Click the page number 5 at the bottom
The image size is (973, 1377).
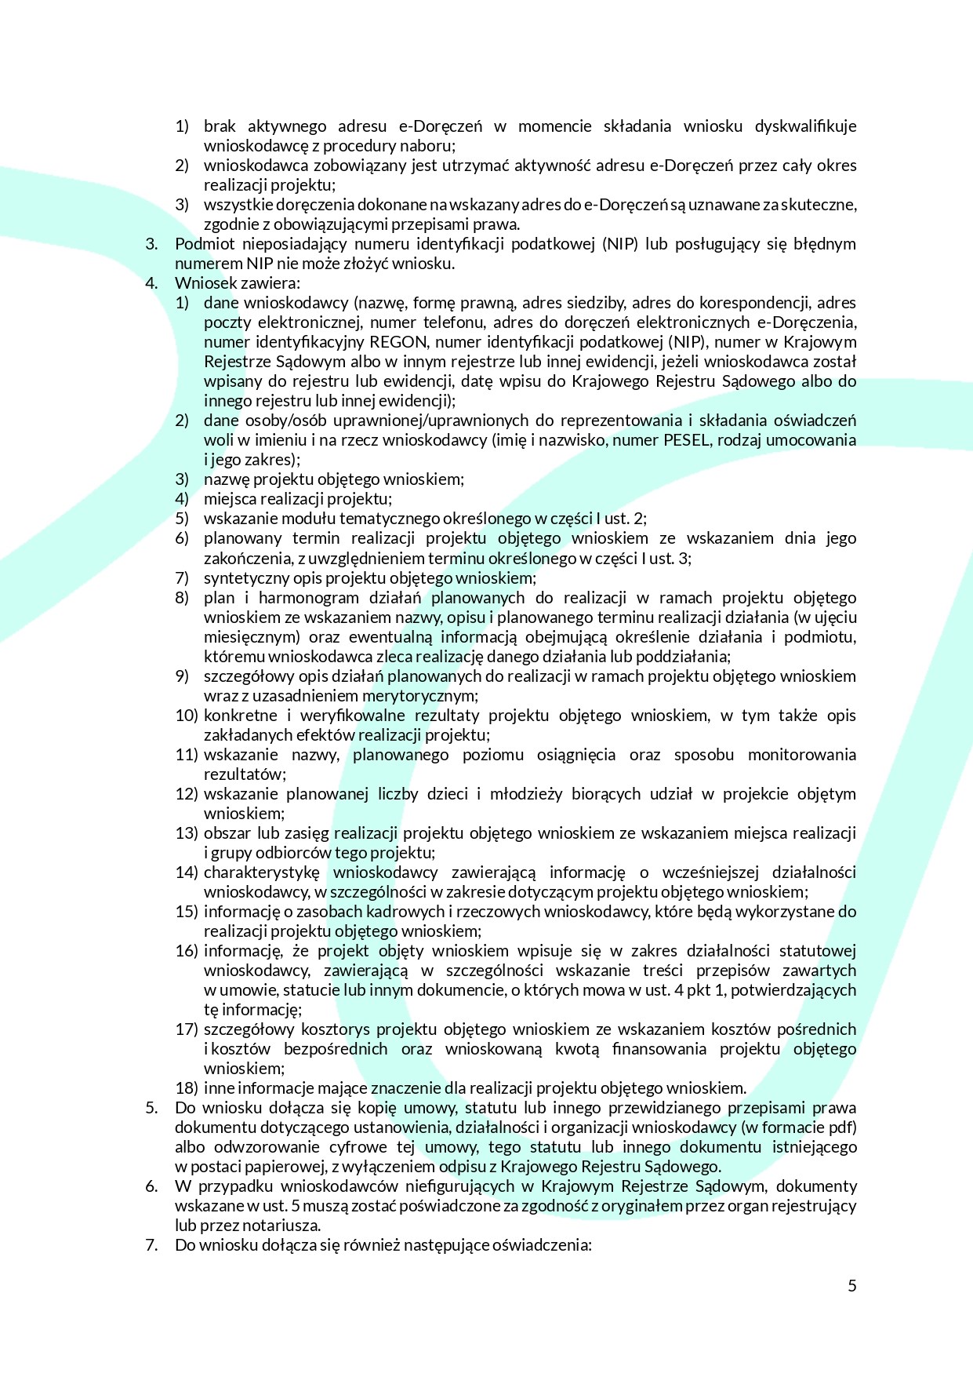tap(852, 1285)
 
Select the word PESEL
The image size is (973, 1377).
tap(686, 440)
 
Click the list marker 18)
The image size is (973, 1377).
tap(186, 1088)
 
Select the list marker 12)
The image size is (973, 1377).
tap(186, 794)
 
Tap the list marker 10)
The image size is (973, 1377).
tap(186, 716)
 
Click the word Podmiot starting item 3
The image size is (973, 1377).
tap(201, 244)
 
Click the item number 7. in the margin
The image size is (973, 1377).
tap(151, 1245)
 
